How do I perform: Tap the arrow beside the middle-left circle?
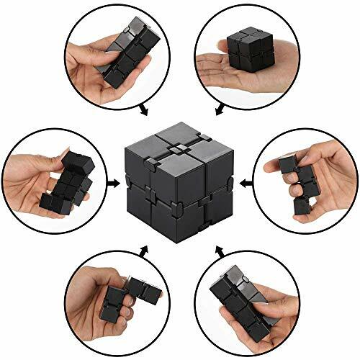[x=112, y=183]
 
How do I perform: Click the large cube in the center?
[x=179, y=183]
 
